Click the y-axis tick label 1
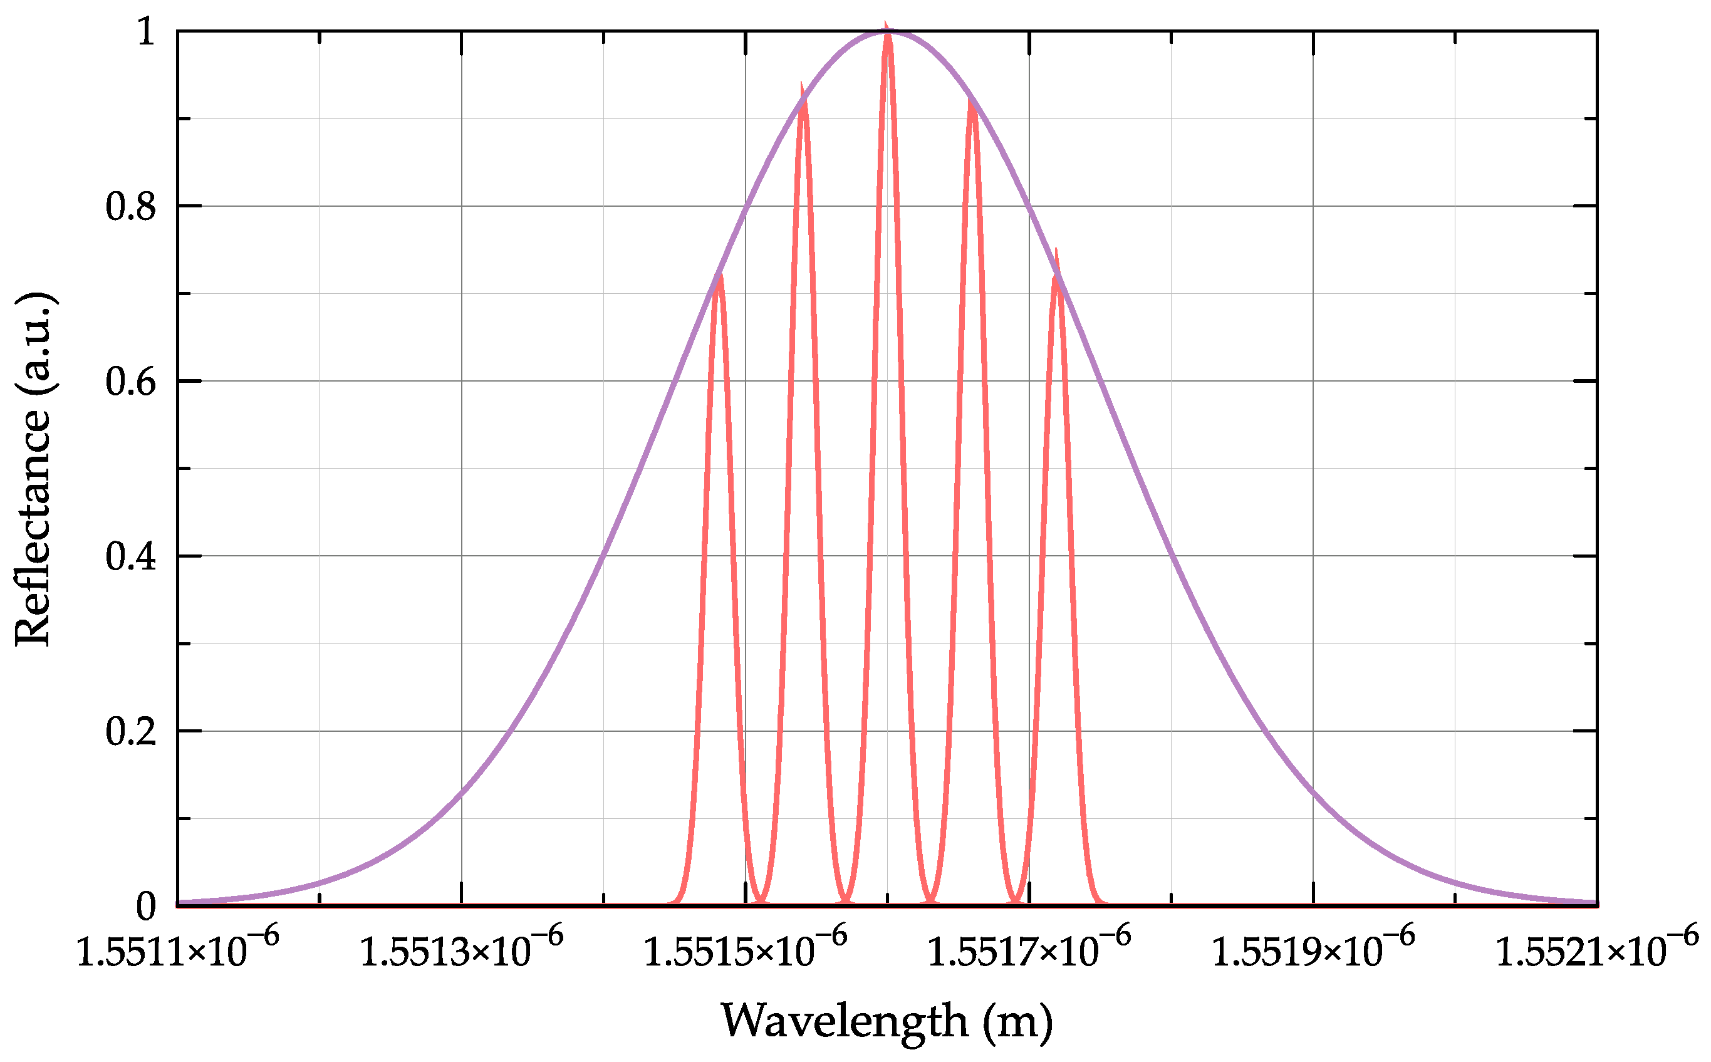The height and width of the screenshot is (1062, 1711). click(145, 33)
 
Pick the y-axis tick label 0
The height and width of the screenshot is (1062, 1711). click(145, 907)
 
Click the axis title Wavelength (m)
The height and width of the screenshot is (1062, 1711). click(887, 1021)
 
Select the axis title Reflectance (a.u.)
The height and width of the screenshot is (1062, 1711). click(33, 469)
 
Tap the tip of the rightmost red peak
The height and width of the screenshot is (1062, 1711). click(1056, 253)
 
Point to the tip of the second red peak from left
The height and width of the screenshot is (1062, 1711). click(802, 88)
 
